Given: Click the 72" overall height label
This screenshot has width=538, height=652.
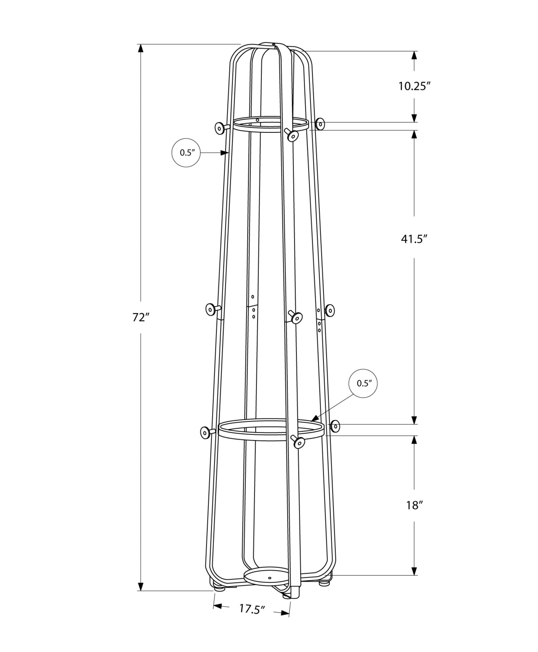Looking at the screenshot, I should point(141,317).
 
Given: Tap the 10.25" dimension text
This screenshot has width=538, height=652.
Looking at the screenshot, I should point(414,86).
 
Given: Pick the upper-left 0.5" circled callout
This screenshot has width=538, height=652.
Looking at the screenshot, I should point(186,153).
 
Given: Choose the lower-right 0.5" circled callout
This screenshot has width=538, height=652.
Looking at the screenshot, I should point(363,383).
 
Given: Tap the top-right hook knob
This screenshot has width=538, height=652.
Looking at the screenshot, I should point(321,124).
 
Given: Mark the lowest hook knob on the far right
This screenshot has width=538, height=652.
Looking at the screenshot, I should point(335,426).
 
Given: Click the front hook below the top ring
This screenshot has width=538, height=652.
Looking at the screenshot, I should point(293,136).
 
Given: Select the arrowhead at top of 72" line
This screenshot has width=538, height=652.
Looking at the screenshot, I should point(141,48).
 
